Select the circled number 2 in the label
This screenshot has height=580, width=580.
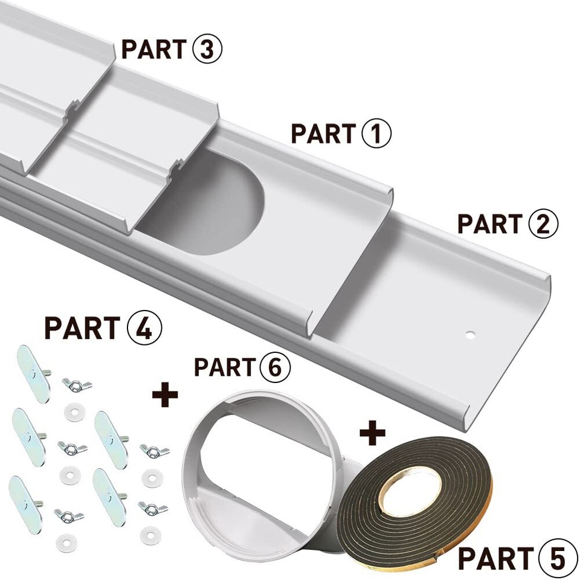coord(543,223)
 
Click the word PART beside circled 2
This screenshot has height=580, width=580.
coord(489,224)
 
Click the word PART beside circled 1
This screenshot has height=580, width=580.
coord(323,134)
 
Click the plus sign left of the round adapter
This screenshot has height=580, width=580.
coord(165,396)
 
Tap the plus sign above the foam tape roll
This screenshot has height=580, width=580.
coord(373,432)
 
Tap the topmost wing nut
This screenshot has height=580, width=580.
coord(75,384)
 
